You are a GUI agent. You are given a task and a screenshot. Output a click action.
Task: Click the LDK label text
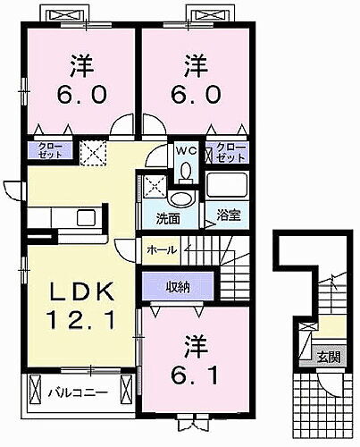coord(80,292)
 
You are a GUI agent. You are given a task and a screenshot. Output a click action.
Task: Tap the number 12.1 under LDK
coord(80,318)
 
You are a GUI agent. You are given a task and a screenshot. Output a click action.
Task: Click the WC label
coord(184,149)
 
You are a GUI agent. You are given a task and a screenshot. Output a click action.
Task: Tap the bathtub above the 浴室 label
coord(231,186)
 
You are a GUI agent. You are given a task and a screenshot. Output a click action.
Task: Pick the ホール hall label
coord(161,249)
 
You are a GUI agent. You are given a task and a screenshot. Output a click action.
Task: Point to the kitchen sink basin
coord(86,218)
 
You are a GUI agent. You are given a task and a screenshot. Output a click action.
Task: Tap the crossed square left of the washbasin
coord(154,188)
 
